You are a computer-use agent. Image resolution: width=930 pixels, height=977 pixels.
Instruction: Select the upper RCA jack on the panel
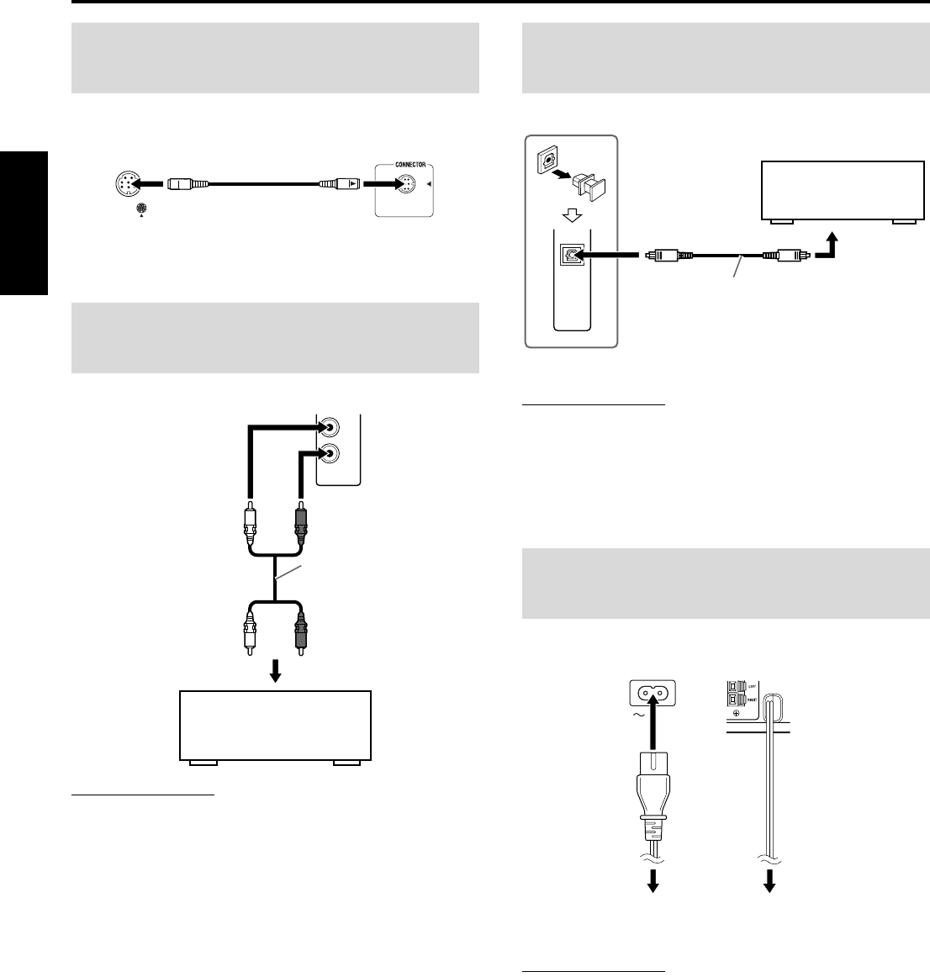[x=330, y=426]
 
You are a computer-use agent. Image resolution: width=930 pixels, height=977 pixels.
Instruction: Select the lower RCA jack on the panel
[x=330, y=453]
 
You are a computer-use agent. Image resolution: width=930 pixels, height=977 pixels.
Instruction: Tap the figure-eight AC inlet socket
[x=653, y=694]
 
